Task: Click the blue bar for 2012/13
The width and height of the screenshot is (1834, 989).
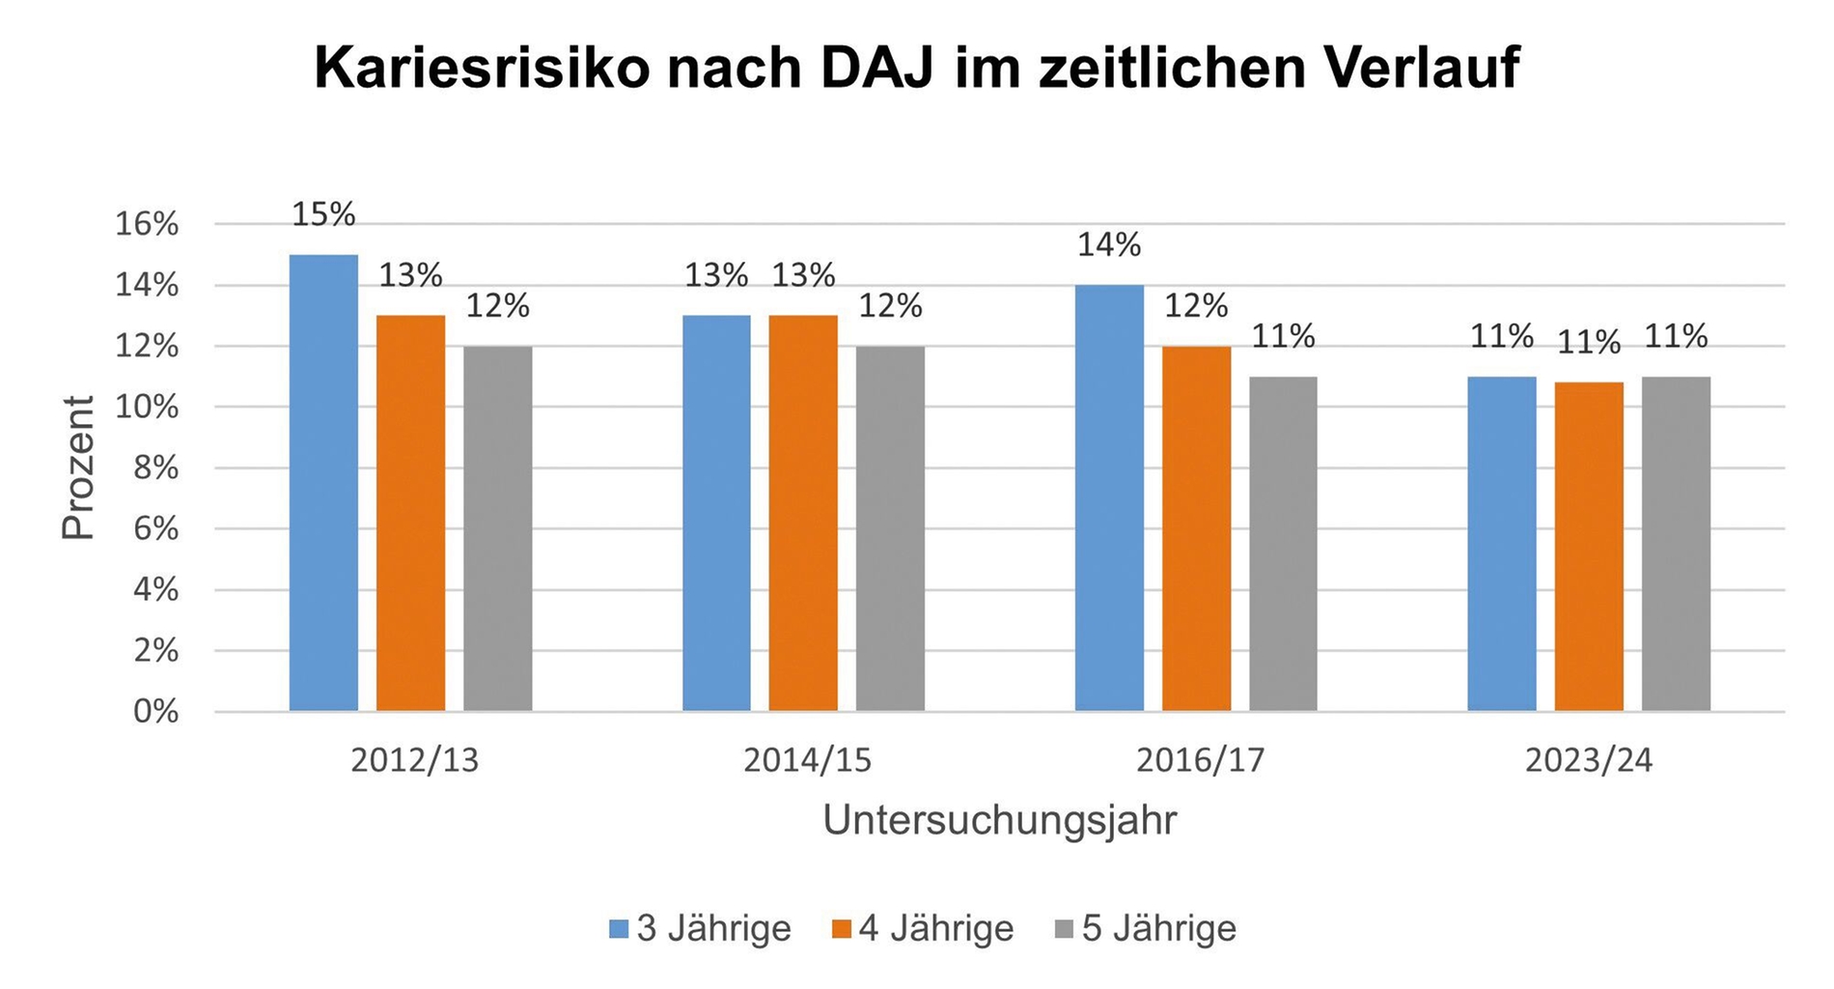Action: (323, 483)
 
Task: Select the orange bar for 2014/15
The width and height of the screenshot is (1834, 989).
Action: (803, 513)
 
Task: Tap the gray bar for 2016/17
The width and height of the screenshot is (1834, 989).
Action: (1283, 544)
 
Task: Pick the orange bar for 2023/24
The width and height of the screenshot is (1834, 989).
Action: (1589, 547)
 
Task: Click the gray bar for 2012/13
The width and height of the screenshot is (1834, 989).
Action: (497, 528)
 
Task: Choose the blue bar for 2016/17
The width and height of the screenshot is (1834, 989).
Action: (1109, 497)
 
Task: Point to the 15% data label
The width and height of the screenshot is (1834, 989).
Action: (323, 214)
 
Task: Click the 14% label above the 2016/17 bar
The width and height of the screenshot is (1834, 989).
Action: (1109, 245)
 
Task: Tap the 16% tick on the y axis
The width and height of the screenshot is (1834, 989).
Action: (147, 225)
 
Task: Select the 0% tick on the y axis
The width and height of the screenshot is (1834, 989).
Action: (155, 712)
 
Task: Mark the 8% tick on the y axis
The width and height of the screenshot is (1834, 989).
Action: (155, 468)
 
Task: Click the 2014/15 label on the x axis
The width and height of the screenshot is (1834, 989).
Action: (807, 761)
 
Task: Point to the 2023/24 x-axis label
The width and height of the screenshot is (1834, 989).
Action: (1589, 761)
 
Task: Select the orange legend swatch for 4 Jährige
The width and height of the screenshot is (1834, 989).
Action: (842, 929)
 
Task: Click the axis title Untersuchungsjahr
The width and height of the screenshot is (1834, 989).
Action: (1000, 820)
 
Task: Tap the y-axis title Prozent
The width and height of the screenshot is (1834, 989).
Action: (79, 467)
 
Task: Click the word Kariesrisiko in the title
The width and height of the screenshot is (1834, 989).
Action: (483, 69)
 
